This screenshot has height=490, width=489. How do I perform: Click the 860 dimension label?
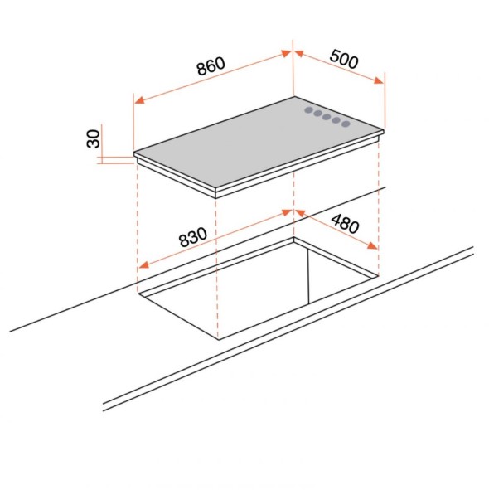(x=211, y=66)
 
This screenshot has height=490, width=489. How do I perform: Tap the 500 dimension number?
(x=344, y=59)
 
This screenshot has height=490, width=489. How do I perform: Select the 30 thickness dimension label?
(x=93, y=138)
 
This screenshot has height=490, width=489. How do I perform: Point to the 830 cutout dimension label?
(x=193, y=237)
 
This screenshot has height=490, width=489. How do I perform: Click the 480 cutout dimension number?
(x=345, y=224)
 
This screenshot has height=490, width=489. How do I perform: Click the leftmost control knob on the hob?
(x=308, y=110)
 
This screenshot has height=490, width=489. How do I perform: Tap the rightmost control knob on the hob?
(x=346, y=124)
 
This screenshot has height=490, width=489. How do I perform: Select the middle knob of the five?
(x=327, y=117)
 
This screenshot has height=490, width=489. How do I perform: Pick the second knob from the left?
(x=317, y=114)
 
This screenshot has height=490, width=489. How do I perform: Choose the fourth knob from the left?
(x=336, y=120)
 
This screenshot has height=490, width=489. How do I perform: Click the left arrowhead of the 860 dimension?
(x=139, y=100)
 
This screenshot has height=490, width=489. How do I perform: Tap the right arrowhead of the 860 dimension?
(x=286, y=53)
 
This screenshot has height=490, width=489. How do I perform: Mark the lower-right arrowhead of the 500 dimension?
(x=379, y=80)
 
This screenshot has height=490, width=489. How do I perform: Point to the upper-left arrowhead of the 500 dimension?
(x=299, y=54)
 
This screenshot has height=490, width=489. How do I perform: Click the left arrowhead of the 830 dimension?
(x=143, y=265)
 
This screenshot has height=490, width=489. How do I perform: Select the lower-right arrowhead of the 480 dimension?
(x=372, y=245)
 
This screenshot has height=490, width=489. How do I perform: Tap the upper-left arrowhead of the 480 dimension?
(x=300, y=213)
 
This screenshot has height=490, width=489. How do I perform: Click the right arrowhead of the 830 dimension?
(x=287, y=212)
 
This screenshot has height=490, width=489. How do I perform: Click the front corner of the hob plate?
(x=216, y=190)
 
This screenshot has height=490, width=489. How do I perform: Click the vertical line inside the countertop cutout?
(x=308, y=277)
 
